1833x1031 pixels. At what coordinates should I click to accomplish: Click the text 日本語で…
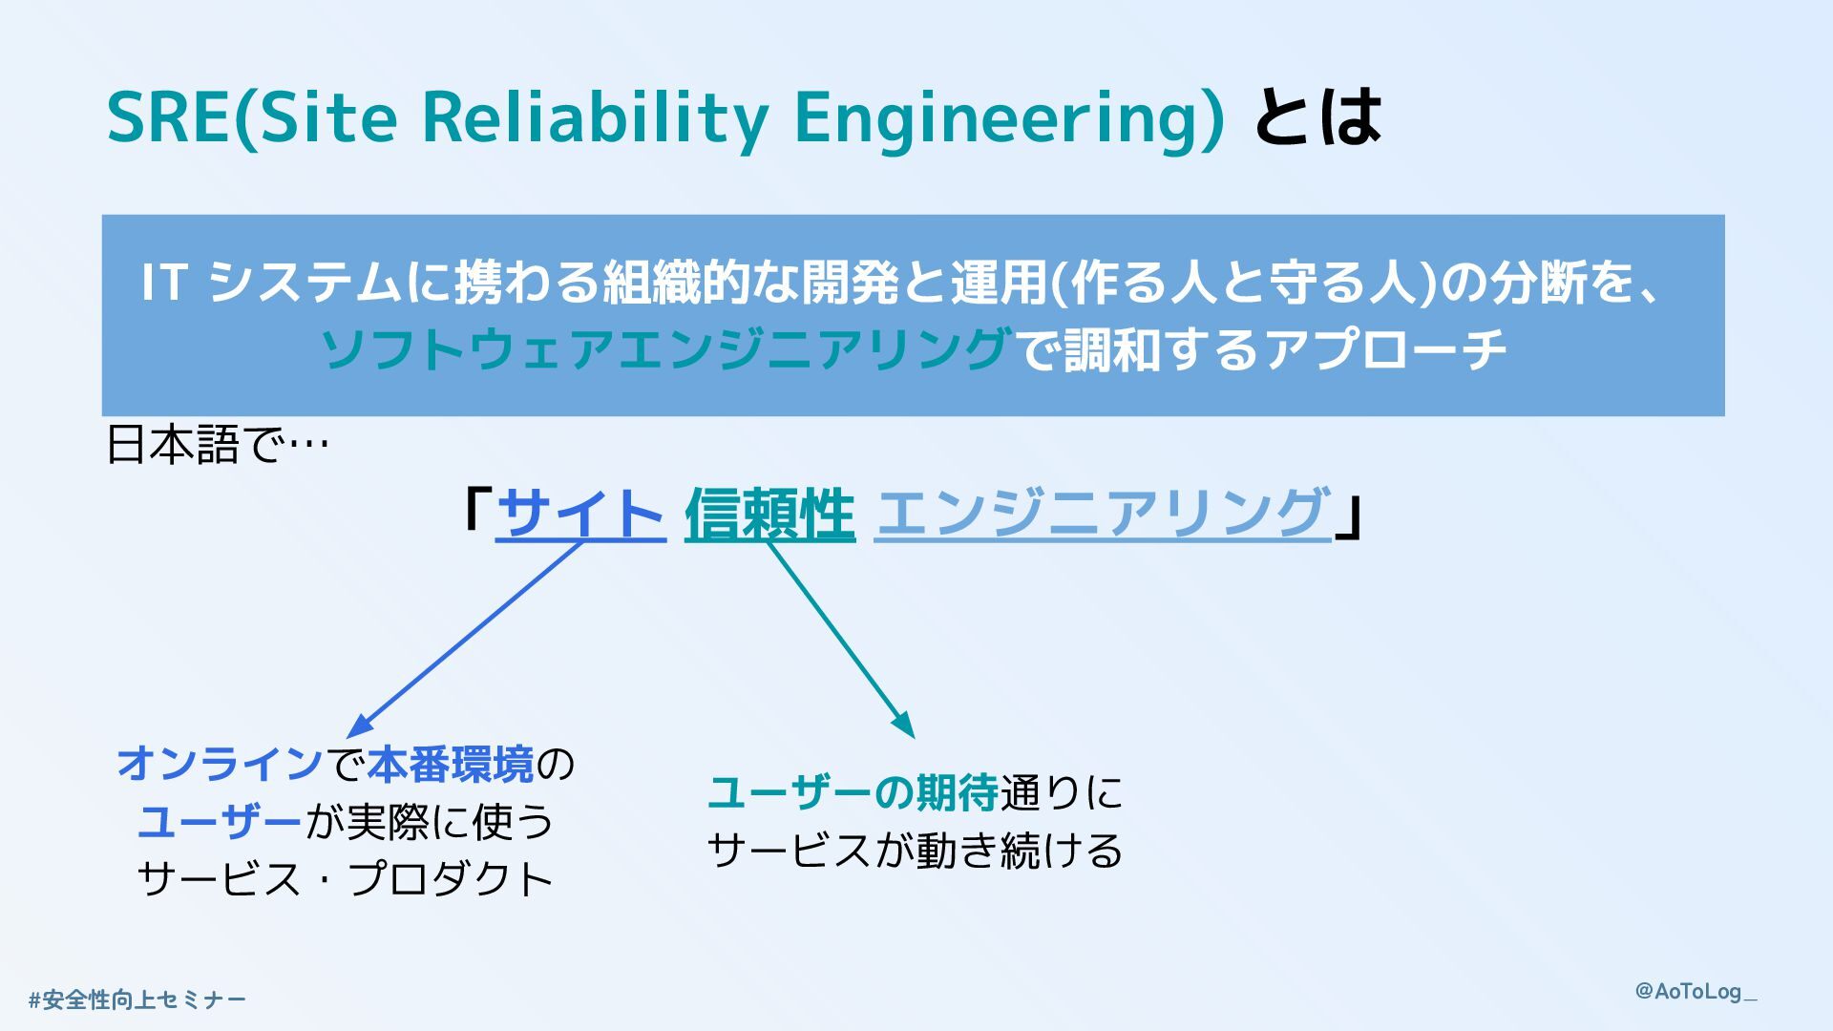click(218, 445)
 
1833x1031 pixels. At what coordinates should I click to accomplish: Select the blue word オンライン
click(221, 765)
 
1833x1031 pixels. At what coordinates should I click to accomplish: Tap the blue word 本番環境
click(451, 765)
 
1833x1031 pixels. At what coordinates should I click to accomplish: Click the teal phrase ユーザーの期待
click(853, 793)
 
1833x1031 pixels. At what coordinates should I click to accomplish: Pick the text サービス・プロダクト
click(346, 879)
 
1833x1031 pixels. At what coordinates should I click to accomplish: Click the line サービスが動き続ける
click(915, 851)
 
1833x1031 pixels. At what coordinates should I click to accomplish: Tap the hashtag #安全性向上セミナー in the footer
click(137, 1000)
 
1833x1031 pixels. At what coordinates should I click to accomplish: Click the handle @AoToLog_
click(1696, 992)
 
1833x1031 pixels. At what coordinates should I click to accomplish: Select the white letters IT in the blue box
click(162, 283)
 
